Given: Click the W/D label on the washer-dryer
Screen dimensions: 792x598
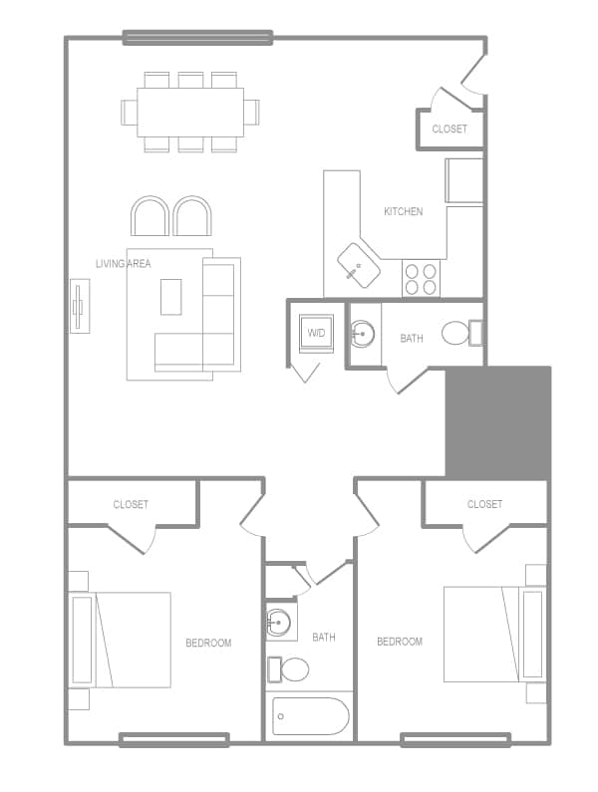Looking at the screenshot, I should coord(317,333).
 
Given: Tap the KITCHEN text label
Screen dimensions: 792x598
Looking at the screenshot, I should coord(403,211).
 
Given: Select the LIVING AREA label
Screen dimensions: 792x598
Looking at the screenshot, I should coord(123,263).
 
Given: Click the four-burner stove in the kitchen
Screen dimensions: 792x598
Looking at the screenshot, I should coord(421,278).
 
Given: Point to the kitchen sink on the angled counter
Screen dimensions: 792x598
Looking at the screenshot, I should coord(357,265).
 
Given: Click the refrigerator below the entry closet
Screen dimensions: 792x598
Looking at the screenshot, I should coord(462,179).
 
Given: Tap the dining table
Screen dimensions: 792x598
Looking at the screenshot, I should coord(190,112).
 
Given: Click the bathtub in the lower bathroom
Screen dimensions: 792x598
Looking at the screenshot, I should coord(310,716).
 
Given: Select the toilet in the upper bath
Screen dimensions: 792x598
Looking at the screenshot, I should coord(455,333).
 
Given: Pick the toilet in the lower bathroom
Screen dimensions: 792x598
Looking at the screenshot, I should coord(293,668).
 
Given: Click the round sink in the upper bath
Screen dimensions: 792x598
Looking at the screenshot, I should coord(363,334).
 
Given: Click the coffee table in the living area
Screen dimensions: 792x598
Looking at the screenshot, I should coord(171,296).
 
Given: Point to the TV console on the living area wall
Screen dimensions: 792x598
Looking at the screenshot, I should coord(80,307).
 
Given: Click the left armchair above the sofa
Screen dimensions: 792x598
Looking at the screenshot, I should coord(149,216).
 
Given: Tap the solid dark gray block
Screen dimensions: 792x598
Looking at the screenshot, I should coord(497,422).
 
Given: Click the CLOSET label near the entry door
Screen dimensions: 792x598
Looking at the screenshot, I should coord(448,129).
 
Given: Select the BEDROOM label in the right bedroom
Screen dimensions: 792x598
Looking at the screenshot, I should coord(399,642).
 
